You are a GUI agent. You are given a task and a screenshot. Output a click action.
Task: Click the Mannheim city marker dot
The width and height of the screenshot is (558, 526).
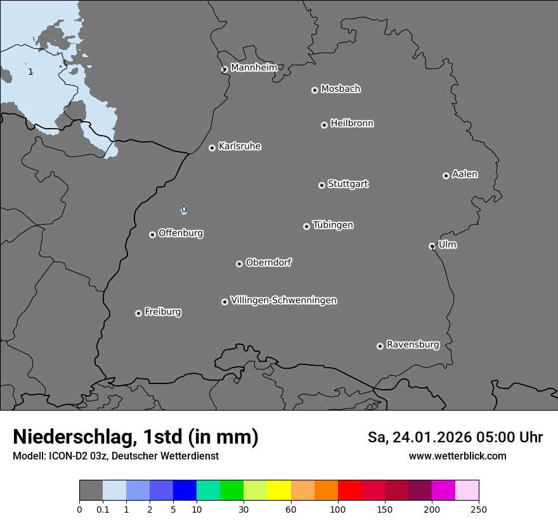(x=224, y=70)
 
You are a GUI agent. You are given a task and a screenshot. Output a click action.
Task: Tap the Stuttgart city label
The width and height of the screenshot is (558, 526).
(x=347, y=184)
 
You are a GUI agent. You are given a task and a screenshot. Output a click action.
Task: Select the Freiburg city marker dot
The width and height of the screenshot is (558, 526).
(x=138, y=313)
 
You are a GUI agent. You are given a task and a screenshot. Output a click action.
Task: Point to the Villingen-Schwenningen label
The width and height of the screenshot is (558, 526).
(x=283, y=300)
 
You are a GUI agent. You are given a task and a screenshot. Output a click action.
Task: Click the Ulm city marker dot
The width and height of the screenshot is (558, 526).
(x=432, y=246)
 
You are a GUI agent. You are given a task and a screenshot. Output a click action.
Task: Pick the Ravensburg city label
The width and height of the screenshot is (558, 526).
(x=412, y=345)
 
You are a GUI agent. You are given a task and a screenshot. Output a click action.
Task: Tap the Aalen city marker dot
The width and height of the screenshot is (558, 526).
(x=446, y=176)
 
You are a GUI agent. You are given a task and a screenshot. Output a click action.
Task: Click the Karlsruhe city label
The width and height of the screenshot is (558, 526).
(x=239, y=146)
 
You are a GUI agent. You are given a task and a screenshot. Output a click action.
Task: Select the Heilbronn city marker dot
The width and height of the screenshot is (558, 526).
(x=324, y=125)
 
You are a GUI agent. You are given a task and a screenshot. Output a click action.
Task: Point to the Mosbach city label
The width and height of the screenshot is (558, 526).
(x=340, y=89)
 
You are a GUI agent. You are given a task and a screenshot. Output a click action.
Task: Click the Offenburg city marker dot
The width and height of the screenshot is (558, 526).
(x=152, y=234)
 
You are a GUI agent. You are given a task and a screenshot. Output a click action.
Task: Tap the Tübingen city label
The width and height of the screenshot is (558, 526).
(x=332, y=225)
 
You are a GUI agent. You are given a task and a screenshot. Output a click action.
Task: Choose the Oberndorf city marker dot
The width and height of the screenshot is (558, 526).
(x=239, y=264)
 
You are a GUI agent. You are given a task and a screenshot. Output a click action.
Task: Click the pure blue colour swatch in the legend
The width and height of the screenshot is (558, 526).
(x=185, y=491)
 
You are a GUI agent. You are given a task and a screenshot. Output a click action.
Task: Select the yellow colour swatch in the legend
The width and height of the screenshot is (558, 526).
(x=278, y=491)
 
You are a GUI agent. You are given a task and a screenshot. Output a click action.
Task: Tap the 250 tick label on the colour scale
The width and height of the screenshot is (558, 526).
(x=479, y=509)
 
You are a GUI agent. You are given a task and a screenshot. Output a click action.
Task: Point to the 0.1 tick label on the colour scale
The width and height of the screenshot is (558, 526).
(x=103, y=509)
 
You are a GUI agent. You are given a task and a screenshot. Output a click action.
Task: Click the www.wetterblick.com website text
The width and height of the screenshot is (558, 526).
(x=457, y=456)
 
